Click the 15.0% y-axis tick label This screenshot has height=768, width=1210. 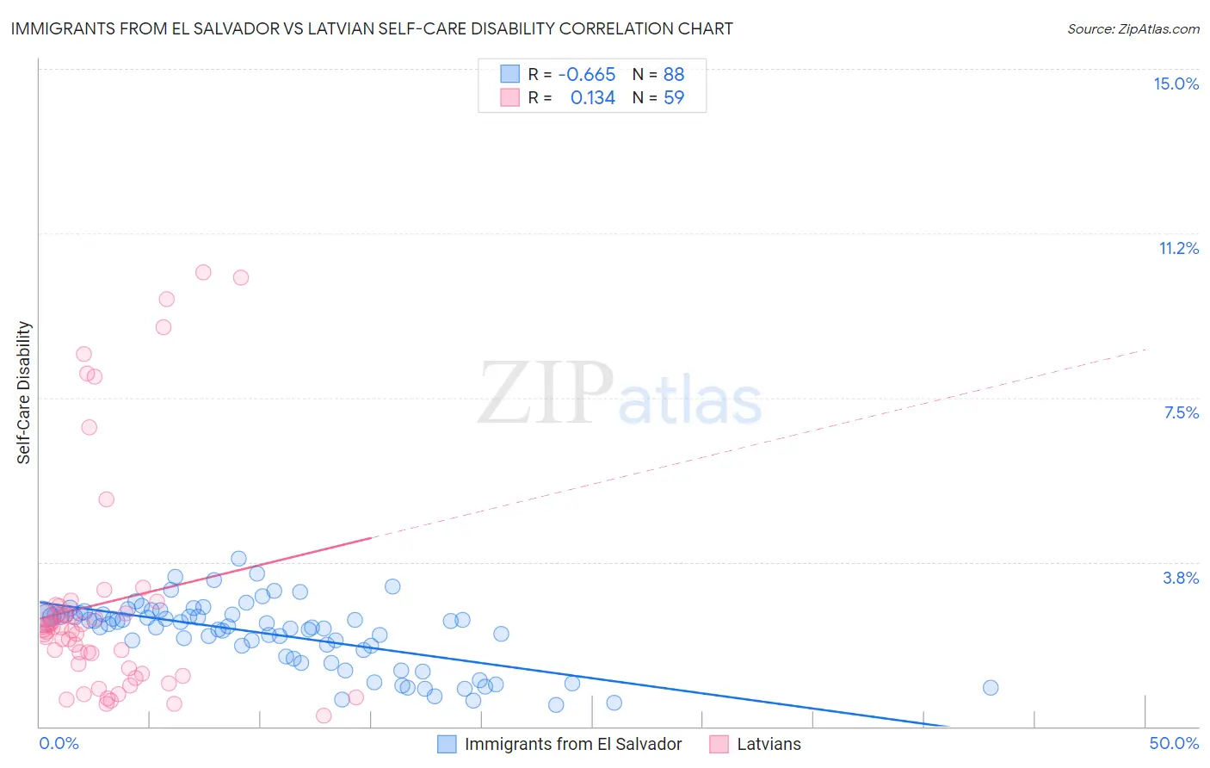pyautogui.click(x=1176, y=84)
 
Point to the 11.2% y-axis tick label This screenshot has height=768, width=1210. pyautogui.click(x=1178, y=248)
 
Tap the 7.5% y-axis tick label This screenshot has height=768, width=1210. pyautogui.click(x=1181, y=412)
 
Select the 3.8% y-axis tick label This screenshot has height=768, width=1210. pyautogui.click(x=1181, y=578)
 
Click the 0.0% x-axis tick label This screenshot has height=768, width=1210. pyautogui.click(x=59, y=743)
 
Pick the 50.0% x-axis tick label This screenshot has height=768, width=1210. pyautogui.click(x=1174, y=743)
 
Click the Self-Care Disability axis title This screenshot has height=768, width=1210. pyautogui.click(x=24, y=393)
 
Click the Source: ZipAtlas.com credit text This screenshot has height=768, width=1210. pyautogui.click(x=1133, y=28)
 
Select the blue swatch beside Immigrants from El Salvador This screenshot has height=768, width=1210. pyautogui.click(x=447, y=744)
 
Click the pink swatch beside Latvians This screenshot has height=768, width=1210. pyautogui.click(x=719, y=744)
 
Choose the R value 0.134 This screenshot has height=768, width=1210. pyautogui.click(x=592, y=97)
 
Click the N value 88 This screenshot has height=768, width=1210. pyautogui.click(x=673, y=74)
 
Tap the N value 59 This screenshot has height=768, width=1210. pyautogui.click(x=673, y=97)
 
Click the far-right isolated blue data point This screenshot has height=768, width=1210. pyautogui.click(x=991, y=687)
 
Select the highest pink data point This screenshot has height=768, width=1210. pyautogui.click(x=203, y=272)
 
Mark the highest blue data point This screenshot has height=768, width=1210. pyautogui.click(x=239, y=559)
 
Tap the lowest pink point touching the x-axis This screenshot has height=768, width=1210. pyautogui.click(x=324, y=715)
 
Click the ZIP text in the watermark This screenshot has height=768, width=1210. pyautogui.click(x=546, y=393)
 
